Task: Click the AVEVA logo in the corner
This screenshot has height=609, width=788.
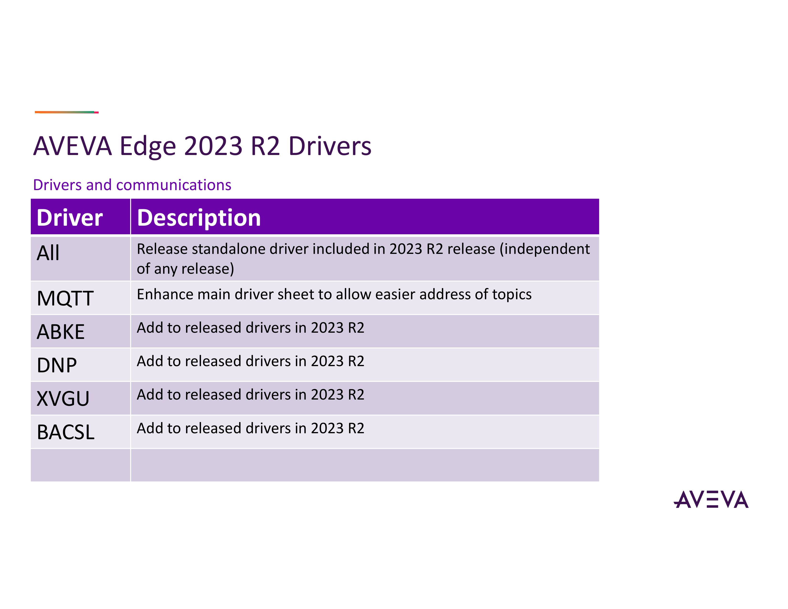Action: point(711,499)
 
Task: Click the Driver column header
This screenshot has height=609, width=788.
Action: point(70,218)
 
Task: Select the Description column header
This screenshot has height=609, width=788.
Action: point(199,218)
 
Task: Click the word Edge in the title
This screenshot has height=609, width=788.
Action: point(148,146)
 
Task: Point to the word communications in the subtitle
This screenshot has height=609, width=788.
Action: point(174,185)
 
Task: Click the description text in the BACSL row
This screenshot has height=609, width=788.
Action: point(250,428)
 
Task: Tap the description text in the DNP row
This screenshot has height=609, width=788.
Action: point(250,361)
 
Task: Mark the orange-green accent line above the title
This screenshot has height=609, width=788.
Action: point(67,112)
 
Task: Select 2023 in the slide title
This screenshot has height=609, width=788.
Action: point(213,146)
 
